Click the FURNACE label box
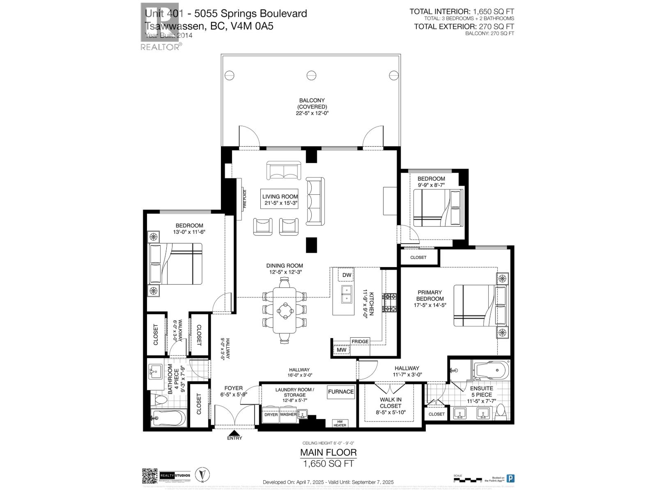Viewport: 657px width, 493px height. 340,392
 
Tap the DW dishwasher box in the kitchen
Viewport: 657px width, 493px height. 346,275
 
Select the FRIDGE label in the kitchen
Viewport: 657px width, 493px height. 360,341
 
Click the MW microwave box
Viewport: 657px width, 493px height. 341,350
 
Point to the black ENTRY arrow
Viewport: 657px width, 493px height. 234,433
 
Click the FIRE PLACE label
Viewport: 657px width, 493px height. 245,199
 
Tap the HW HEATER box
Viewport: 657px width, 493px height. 339,423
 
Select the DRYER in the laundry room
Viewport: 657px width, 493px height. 271,415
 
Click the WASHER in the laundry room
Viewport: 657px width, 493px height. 288,415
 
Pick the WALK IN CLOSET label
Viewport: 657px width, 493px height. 390,403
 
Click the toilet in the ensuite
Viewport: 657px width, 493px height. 501,411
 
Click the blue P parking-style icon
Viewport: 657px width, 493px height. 510,478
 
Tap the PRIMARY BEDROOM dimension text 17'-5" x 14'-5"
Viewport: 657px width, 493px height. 430,305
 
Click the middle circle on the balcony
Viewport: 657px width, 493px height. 311,75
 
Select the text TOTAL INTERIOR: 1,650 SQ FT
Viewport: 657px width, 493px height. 462,12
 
